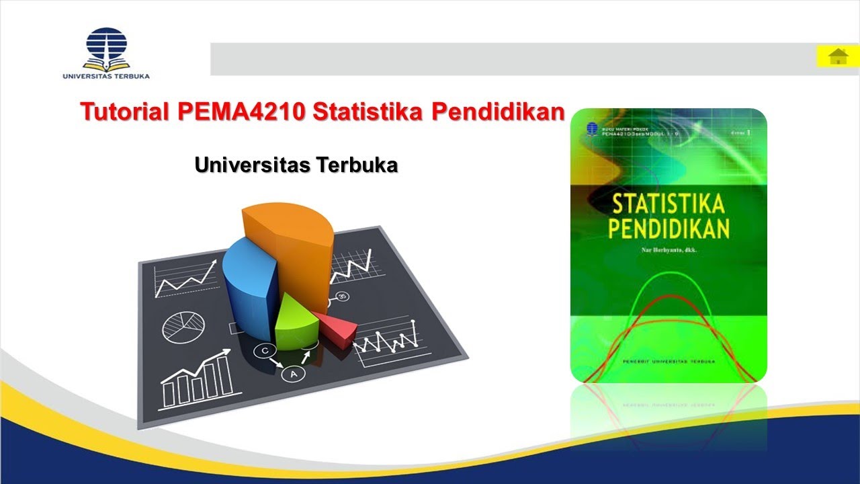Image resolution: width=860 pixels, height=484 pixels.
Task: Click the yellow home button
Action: tap(838, 56)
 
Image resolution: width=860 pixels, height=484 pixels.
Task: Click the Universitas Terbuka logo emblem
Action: tap(105, 47)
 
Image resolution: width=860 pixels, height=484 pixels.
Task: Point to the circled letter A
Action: tap(293, 374)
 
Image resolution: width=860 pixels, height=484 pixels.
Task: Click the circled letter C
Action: tap(265, 350)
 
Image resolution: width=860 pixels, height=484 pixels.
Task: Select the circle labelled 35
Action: tap(343, 296)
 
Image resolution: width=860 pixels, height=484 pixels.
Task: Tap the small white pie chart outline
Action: tap(183, 327)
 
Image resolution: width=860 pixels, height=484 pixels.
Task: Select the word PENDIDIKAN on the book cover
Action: tap(669, 228)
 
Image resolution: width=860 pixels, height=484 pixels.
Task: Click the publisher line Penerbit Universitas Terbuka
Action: tap(668, 362)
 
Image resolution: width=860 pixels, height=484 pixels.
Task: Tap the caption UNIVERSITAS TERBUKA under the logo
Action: tap(106, 76)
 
